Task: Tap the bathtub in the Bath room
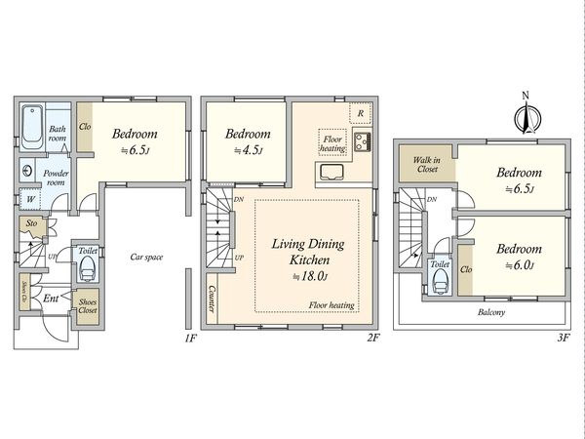(x=33, y=127)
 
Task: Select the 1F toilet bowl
(x=88, y=268)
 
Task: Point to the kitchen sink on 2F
(x=332, y=172)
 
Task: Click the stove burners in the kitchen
(x=362, y=141)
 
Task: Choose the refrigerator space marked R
(x=361, y=113)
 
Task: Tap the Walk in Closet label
(x=427, y=165)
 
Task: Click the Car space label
(x=146, y=257)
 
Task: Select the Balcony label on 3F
(x=491, y=312)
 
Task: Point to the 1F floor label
(x=190, y=339)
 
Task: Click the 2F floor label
(x=373, y=339)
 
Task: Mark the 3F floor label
(x=564, y=339)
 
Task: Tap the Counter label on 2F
(x=212, y=299)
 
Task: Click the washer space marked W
(x=30, y=199)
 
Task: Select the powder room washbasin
(x=27, y=171)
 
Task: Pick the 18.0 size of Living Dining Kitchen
(x=310, y=277)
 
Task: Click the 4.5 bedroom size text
(x=248, y=150)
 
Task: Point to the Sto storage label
(x=32, y=223)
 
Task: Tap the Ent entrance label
(x=51, y=299)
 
